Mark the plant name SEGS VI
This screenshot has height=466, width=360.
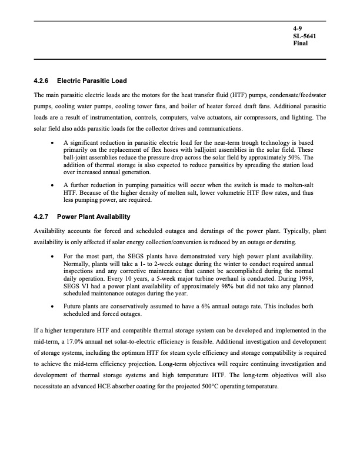(76, 287)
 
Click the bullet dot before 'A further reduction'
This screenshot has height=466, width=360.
(54, 185)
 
